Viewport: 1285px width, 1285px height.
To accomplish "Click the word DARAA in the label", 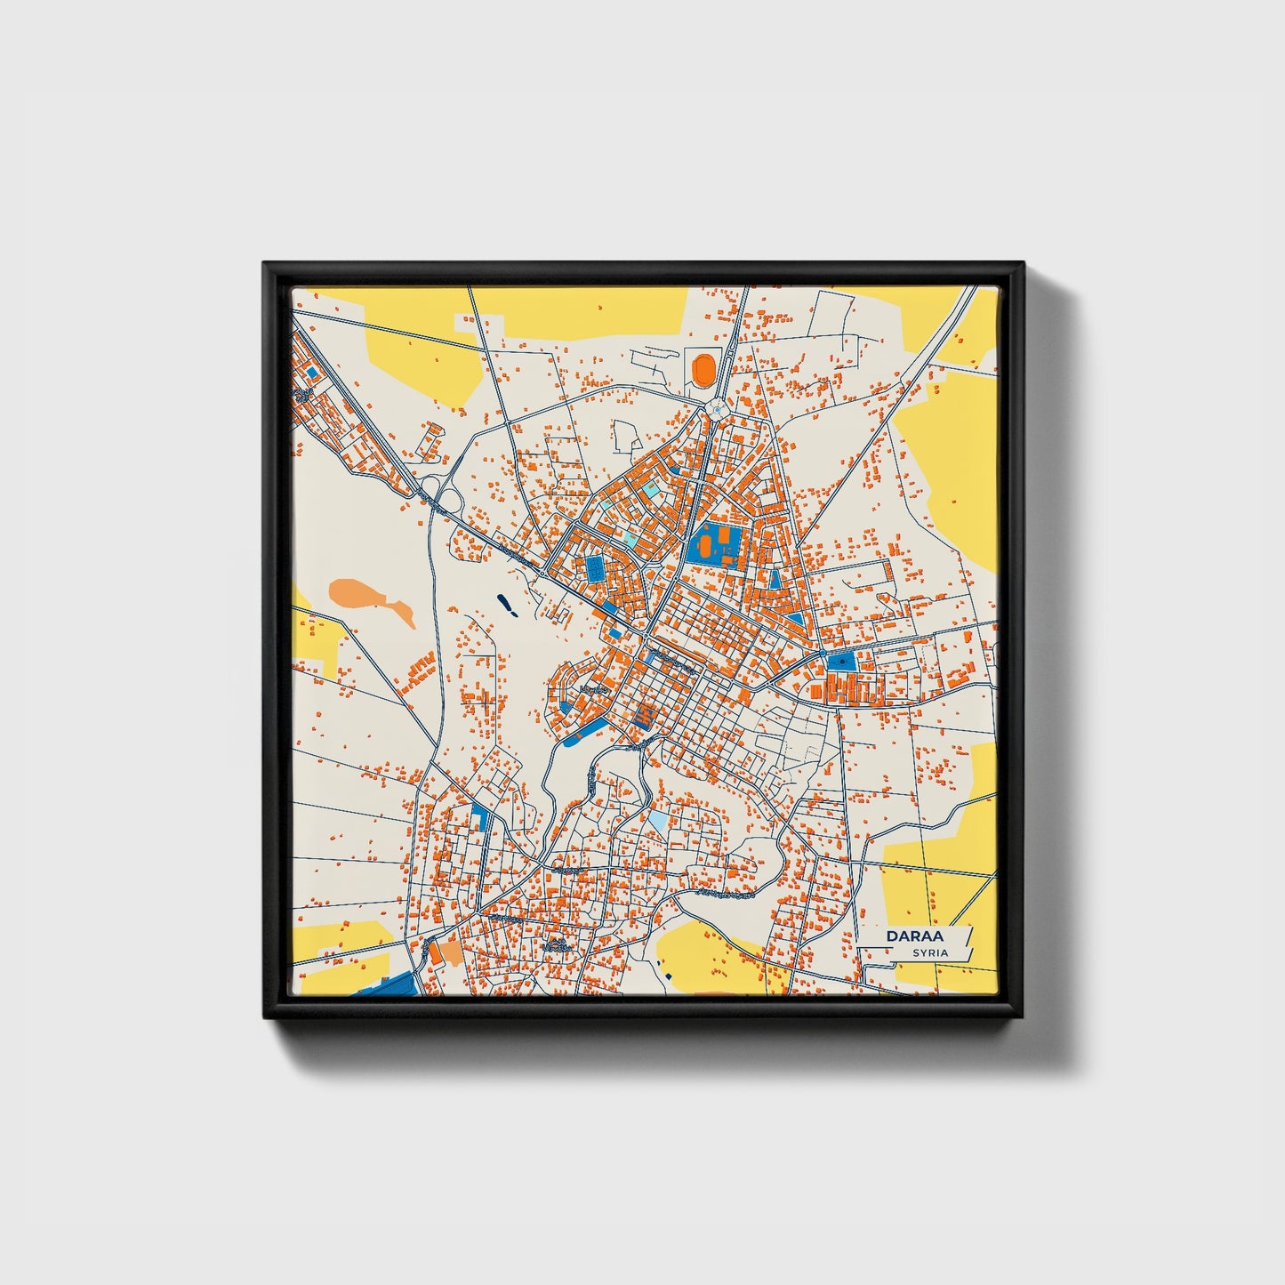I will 915,936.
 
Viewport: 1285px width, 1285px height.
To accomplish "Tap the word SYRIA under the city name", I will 930,953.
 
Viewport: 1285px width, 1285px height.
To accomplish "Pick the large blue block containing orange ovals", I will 714,543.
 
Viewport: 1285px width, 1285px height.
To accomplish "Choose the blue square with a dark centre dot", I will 840,662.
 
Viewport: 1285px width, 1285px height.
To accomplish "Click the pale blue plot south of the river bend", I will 658,820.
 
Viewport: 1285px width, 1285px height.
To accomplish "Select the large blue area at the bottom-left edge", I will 391,985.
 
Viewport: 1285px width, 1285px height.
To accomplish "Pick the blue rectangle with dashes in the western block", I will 593,568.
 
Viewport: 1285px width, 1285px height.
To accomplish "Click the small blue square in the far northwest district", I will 311,371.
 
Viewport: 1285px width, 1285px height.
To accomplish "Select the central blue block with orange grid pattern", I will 647,716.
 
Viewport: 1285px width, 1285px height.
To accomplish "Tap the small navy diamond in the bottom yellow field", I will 668,976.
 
